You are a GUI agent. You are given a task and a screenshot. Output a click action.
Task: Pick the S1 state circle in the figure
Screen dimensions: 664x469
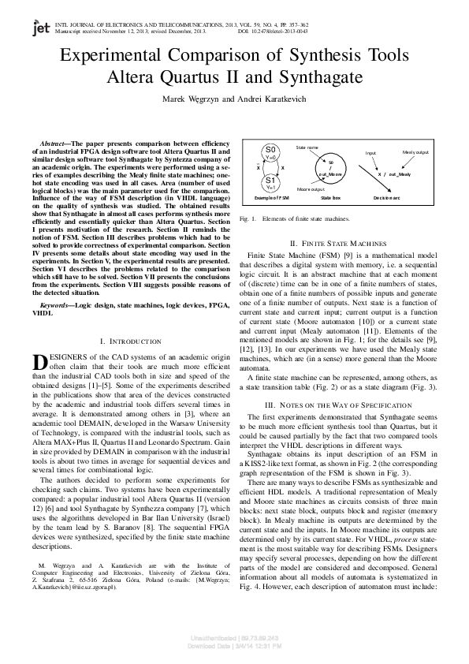tap(270, 183)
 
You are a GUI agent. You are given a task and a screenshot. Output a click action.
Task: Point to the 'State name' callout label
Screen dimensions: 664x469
tap(307, 147)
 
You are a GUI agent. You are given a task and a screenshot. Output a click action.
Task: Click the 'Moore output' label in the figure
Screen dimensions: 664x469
tap(311, 190)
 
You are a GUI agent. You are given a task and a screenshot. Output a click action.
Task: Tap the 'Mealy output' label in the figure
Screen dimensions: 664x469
tap(415, 151)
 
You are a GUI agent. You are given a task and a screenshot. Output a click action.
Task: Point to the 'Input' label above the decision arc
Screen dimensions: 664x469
tap(370, 153)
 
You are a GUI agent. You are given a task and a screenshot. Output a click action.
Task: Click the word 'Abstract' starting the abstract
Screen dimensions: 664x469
tap(52, 143)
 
